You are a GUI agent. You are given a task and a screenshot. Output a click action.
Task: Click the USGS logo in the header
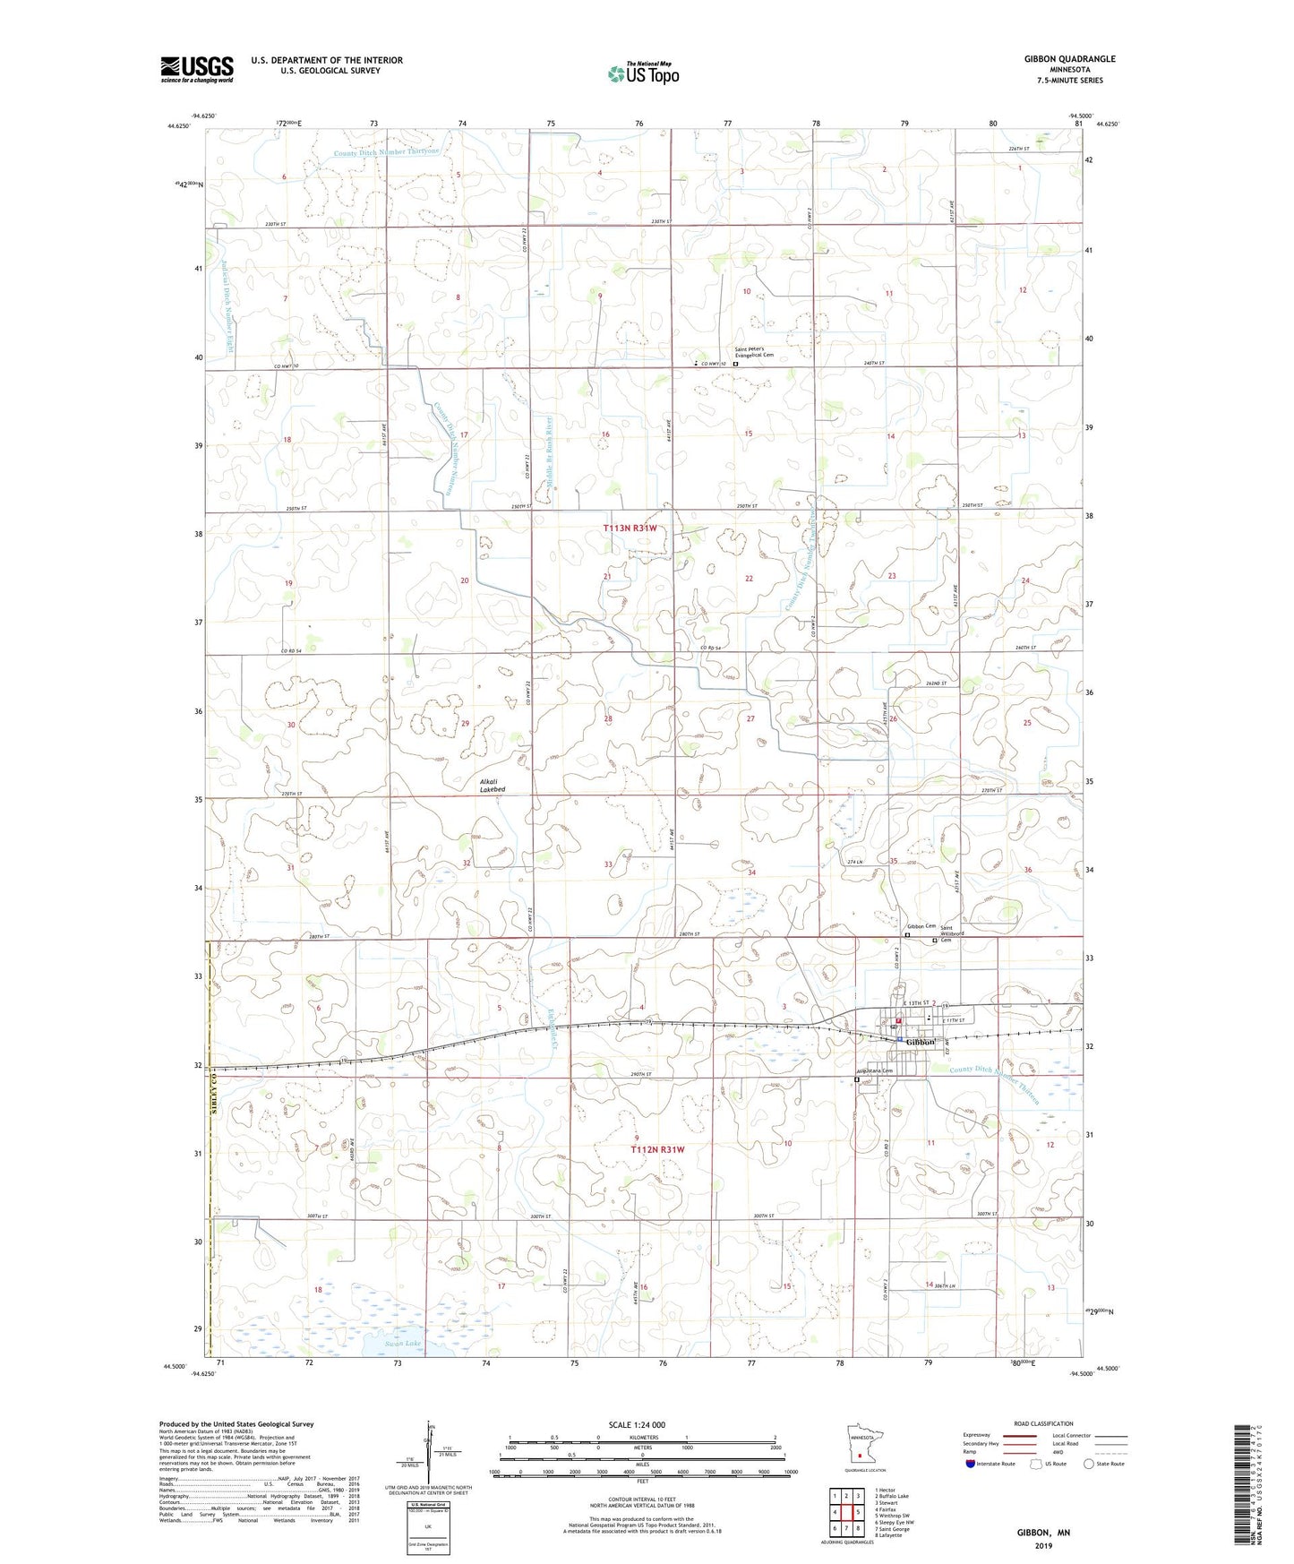[x=196, y=69]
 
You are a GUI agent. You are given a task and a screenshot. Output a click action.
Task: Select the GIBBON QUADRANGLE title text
[x=1069, y=59]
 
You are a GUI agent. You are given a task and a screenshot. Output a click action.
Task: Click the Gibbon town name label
[x=920, y=1042]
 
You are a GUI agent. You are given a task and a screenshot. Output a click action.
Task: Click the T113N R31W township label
[x=630, y=528]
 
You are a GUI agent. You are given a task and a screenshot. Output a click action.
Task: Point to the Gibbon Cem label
[x=921, y=926]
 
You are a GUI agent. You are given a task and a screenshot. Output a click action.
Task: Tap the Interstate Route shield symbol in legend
[x=973, y=1464]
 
